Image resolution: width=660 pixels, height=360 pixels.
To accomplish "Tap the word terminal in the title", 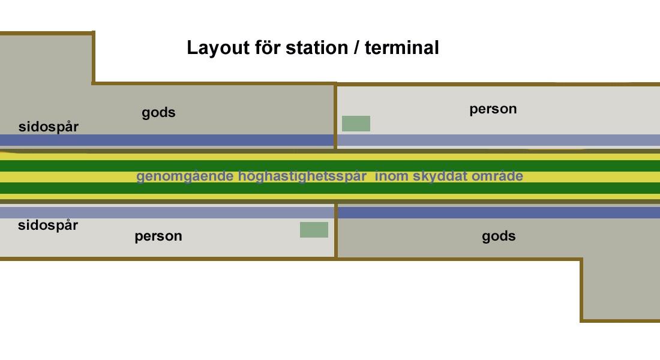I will (x=401, y=48).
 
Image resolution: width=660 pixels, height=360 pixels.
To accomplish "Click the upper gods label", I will (x=158, y=113).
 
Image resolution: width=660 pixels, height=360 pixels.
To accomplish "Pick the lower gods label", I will (x=499, y=236).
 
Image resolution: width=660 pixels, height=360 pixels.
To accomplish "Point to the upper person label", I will (x=493, y=109).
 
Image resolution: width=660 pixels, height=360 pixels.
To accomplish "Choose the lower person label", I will (x=158, y=236).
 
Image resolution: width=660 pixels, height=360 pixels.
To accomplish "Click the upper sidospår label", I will (x=49, y=127).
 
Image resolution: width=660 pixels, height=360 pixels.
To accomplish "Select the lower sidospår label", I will (x=49, y=226).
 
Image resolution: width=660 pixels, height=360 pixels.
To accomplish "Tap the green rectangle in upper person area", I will (x=356, y=124).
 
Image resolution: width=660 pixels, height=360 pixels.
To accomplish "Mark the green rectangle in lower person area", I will (x=314, y=230).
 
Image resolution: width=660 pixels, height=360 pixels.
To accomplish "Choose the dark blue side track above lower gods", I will (x=498, y=212).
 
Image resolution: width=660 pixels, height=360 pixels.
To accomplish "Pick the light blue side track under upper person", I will (x=498, y=140).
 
